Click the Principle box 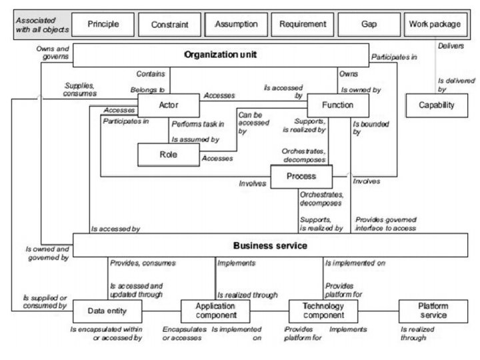[103, 25]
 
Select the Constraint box [169, 25]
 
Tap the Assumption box [236, 25]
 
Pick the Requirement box [303, 25]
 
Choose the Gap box [368, 25]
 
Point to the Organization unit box [220, 55]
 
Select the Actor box [169, 105]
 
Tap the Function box [337, 105]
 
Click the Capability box [437, 105]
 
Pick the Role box [169, 155]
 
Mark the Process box [301, 176]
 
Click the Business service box [270, 245]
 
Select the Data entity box [107, 310]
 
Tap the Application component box [208, 311]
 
